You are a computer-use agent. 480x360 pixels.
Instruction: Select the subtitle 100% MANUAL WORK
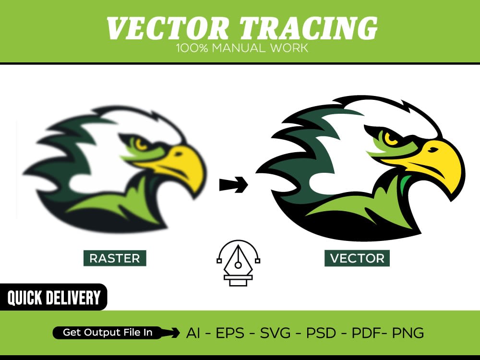pos(241,48)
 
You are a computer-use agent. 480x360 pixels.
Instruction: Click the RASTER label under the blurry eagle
pos(115,258)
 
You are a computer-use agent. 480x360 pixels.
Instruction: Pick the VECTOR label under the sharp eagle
pos(357,258)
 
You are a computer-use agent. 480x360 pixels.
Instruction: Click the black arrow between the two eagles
pos(233,184)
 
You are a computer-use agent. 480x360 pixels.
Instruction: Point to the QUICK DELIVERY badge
pos(53,298)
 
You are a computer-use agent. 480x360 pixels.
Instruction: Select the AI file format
pos(193,333)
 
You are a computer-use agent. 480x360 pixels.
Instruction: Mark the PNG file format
pos(408,333)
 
